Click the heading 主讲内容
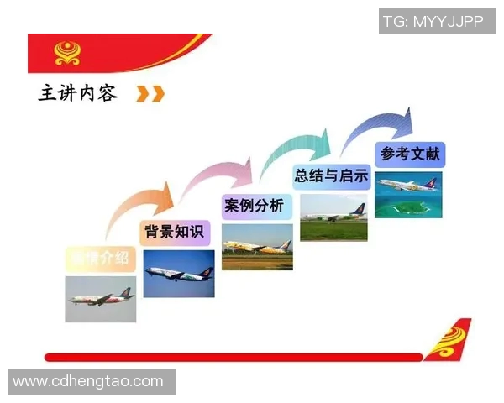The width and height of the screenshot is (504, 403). coord(78,92)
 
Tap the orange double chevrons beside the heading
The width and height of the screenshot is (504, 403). coord(150,93)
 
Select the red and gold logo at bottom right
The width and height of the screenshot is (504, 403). coord(448,339)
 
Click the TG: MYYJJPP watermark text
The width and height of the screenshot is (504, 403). coord(433,21)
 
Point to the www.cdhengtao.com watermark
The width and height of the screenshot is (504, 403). coord(88,381)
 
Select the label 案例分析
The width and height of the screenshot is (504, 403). coord(254,206)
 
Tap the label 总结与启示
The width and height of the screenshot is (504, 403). coord(331,176)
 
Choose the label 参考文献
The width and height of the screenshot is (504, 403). coord(409,154)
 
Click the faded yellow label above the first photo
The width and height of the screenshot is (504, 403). coord(101,258)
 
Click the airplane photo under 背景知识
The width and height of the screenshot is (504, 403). coord(178,274)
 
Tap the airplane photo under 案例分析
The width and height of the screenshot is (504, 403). coord(257,247)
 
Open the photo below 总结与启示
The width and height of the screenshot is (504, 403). coord(333,217)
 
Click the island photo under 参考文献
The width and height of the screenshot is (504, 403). coord(408,195)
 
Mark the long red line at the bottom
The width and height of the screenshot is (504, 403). coord(235,357)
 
